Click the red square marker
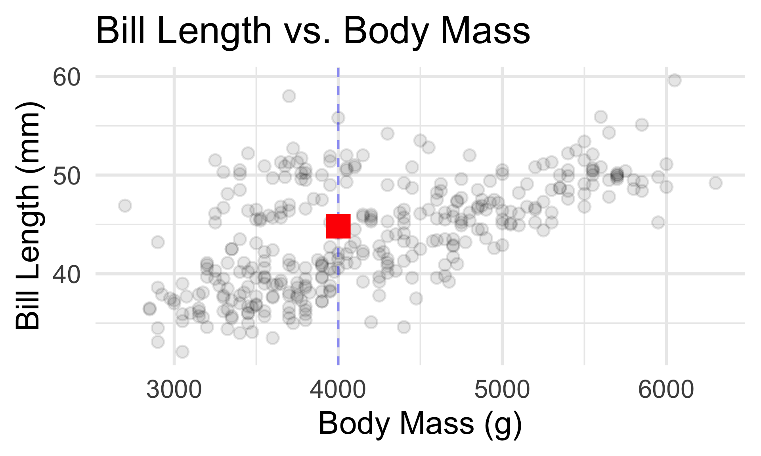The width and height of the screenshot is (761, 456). coord(338,226)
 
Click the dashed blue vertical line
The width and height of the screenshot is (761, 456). coord(338,301)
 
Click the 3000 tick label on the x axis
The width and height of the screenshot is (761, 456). coord(174,390)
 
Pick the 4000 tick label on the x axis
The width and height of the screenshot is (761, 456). coord(338,390)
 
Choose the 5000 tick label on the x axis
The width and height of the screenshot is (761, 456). coord(502,390)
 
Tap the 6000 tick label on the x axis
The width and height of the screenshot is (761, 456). coord(666,390)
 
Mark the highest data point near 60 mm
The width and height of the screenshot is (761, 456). coord(675,80)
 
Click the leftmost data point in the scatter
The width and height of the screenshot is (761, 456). coord(125,206)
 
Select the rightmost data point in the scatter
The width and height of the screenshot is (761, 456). coord(715,183)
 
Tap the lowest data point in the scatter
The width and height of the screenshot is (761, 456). coord(182,351)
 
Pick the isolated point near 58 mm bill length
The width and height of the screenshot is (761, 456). coord(289,96)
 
